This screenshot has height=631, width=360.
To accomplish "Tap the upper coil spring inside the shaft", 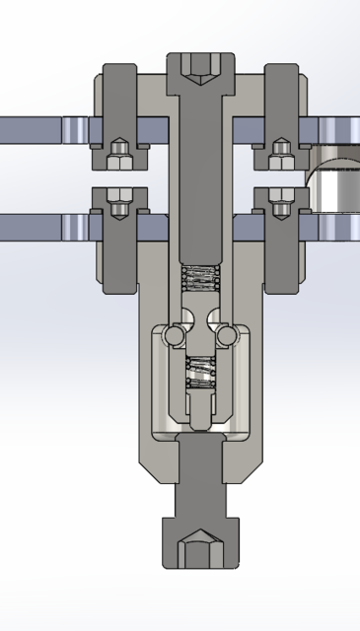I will point(201,279).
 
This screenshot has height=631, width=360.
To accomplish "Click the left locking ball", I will point(175,336).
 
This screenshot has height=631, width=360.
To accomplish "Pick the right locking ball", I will point(228,336).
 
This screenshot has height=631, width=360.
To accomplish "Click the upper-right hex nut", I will point(281,153).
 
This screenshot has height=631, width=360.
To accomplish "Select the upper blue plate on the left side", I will point(35,129).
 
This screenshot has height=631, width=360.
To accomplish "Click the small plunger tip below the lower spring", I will point(201,414).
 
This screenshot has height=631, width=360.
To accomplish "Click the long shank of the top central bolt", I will point(201,177).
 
